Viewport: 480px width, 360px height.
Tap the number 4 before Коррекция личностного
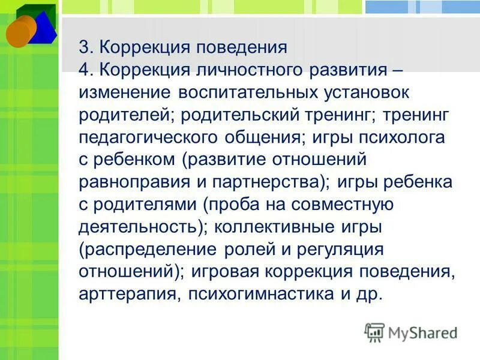(84, 70)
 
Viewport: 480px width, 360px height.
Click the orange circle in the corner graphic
(20, 31)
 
